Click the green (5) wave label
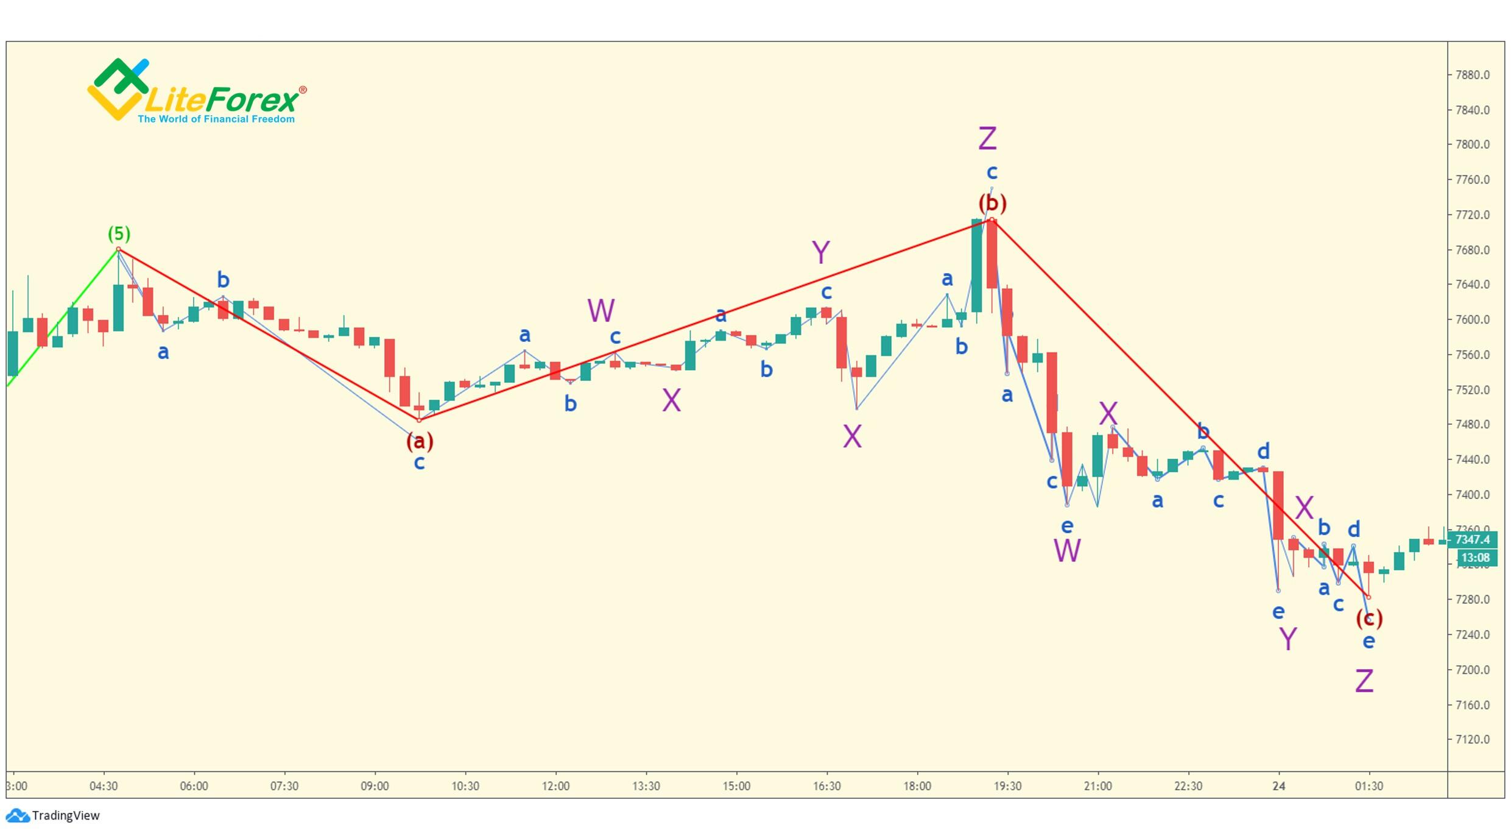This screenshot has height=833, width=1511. point(119,233)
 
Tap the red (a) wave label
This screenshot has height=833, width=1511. point(420,441)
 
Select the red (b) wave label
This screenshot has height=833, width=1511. point(992,203)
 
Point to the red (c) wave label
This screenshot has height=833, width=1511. point(1369,619)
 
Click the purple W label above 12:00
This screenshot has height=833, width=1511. point(601,311)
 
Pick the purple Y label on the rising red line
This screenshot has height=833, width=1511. point(820,252)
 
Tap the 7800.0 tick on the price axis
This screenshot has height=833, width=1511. point(1472,144)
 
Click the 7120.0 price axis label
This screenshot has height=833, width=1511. point(1472,740)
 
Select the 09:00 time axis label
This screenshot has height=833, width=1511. point(375,786)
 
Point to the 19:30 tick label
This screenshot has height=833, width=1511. point(1007,786)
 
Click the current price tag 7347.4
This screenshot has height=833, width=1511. point(1471,539)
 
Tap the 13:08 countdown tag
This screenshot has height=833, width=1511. point(1475,558)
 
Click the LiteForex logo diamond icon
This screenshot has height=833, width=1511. point(118,89)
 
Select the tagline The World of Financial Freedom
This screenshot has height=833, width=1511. point(216,119)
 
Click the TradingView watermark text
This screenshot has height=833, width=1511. point(65,816)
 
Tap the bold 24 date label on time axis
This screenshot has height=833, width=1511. point(1278,786)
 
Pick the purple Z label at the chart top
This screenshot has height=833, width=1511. point(987,139)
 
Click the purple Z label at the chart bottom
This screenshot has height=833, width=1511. point(1364,681)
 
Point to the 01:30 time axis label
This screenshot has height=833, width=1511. point(1368,786)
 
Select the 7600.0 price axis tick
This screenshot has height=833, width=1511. point(1472,319)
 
